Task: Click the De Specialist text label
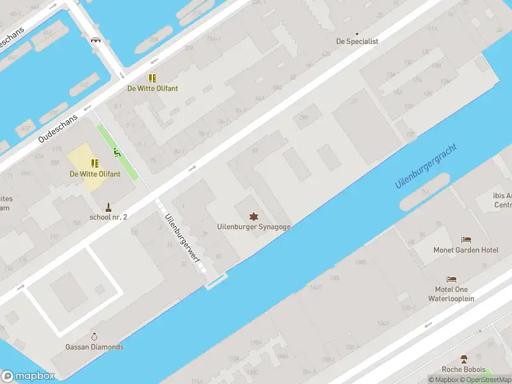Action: click(357, 42)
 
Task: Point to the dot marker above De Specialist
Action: click(357, 33)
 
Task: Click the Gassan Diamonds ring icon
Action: click(95, 337)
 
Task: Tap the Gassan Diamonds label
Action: click(95, 347)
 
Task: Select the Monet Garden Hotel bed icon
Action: click(466, 240)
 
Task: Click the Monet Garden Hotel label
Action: click(466, 250)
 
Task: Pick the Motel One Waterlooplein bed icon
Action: click(452, 280)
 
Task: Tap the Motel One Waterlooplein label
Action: click(452, 294)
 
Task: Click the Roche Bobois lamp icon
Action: click(464, 359)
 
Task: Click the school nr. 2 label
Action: click(108, 217)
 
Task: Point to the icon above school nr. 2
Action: click(108, 207)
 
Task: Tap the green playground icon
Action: click(117, 152)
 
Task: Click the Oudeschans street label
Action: click(58, 129)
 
